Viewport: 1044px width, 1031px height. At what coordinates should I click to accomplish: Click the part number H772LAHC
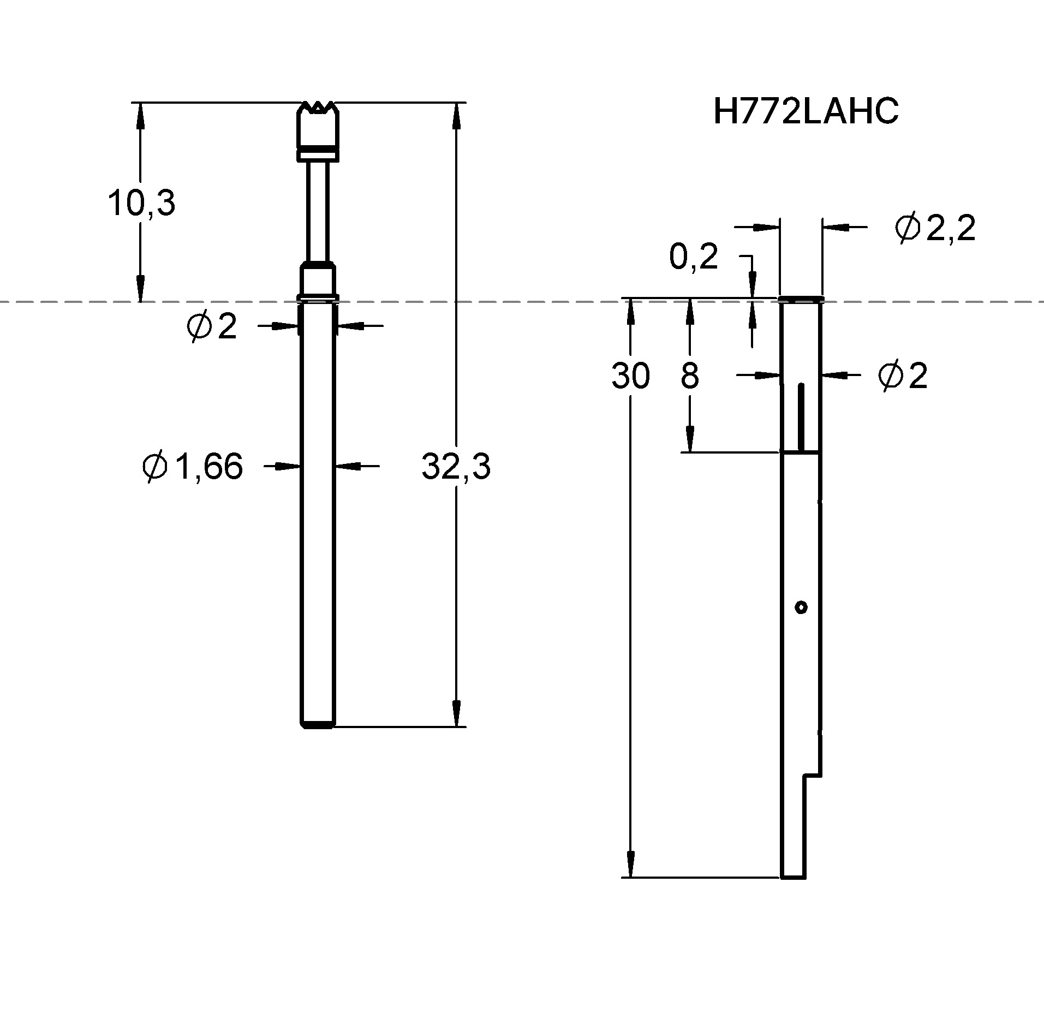[806, 112]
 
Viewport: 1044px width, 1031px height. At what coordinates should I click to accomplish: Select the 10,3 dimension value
[141, 203]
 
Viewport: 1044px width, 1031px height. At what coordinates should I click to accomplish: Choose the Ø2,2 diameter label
[935, 229]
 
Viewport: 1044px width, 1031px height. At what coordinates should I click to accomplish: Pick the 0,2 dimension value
[693, 258]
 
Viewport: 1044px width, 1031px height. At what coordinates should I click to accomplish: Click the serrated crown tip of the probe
[318, 108]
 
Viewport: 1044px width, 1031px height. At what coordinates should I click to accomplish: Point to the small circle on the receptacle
[801, 607]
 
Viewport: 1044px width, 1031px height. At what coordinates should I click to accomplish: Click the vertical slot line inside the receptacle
[801, 418]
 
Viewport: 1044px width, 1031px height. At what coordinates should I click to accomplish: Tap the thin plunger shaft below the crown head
[318, 210]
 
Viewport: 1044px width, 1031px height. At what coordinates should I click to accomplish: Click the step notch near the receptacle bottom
[812, 775]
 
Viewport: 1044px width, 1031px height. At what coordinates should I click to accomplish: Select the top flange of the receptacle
[800, 299]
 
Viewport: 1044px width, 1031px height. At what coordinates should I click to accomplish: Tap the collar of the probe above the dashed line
[318, 281]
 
